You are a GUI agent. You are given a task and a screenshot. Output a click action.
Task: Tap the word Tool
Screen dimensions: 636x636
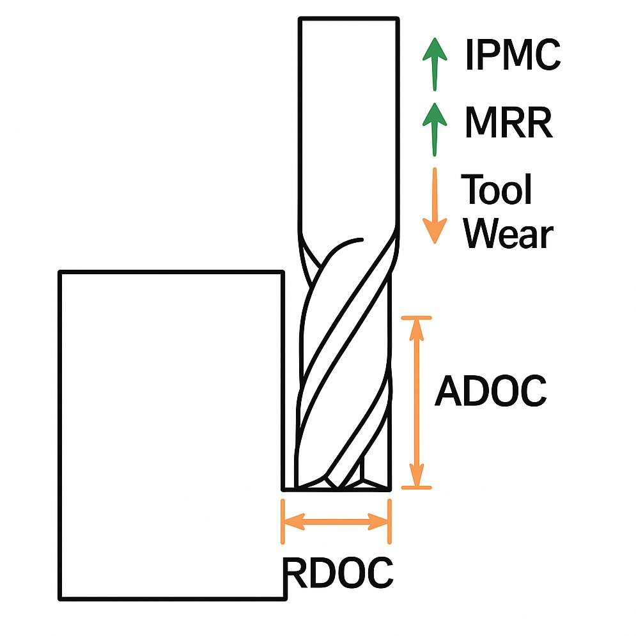[x=497, y=190]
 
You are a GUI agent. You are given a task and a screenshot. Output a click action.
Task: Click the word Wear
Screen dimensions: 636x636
[x=507, y=234]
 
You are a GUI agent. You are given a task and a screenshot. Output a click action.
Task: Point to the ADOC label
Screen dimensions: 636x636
[x=490, y=391]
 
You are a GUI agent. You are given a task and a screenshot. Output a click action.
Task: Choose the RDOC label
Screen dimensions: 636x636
[x=338, y=573]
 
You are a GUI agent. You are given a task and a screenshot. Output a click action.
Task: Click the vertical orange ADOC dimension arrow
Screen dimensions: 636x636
[x=417, y=403]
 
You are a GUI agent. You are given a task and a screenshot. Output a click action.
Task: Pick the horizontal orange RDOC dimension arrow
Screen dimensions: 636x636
[x=336, y=522]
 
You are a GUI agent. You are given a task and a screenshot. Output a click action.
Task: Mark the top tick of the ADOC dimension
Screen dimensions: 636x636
[x=417, y=318]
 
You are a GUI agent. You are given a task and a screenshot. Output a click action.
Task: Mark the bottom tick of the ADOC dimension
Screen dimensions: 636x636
[x=417, y=488]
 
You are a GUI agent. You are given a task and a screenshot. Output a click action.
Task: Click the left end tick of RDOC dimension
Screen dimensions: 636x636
[x=283, y=522]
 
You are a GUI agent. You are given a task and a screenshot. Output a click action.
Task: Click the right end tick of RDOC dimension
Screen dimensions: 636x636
[x=389, y=522]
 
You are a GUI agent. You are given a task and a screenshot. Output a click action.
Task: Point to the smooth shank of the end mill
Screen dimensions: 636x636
[x=349, y=128]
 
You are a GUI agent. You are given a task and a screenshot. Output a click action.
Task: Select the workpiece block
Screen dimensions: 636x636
[x=171, y=435]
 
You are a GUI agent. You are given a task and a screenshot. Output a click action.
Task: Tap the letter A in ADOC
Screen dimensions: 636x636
[x=448, y=391]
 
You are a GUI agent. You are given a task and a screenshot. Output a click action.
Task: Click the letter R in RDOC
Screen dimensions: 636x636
[x=295, y=573]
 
